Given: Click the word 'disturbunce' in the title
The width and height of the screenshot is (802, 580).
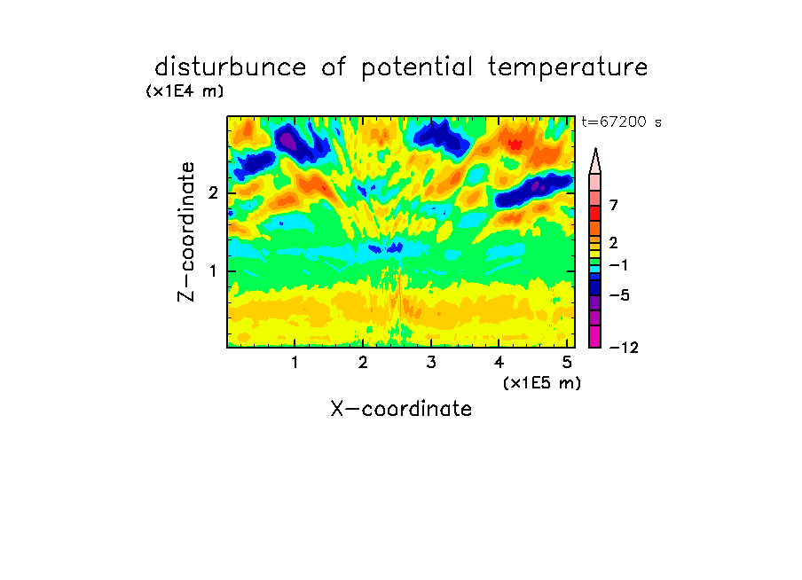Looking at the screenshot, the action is click(x=231, y=67).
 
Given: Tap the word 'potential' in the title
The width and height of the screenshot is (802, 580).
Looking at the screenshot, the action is click(x=417, y=68).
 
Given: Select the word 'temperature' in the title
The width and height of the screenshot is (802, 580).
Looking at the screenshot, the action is click(x=568, y=68).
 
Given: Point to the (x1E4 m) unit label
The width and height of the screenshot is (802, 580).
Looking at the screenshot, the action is click(x=185, y=91).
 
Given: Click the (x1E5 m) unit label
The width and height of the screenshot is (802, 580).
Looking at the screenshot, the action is click(x=542, y=382).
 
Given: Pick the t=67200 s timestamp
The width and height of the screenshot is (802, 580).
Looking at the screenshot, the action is click(x=621, y=122).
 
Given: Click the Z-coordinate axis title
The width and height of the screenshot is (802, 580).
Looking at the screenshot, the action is click(x=186, y=231).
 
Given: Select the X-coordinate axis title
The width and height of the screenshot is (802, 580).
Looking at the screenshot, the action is click(x=401, y=409).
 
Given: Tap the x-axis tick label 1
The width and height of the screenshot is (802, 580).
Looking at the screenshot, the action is click(x=295, y=363).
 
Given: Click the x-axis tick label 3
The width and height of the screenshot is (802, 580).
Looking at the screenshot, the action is click(x=431, y=363).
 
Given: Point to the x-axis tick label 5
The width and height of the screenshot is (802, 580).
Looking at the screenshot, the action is click(x=567, y=363).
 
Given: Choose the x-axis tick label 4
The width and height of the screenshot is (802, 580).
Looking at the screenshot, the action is click(x=499, y=363).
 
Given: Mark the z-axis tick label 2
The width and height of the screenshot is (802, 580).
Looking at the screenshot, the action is click(x=213, y=193).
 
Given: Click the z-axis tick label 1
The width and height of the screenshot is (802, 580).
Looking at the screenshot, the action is click(x=213, y=271).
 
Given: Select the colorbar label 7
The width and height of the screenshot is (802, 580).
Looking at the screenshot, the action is click(x=614, y=205).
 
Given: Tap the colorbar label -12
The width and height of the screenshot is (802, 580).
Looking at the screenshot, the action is click(x=625, y=348).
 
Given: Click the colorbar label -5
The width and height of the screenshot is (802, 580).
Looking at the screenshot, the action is click(x=620, y=295).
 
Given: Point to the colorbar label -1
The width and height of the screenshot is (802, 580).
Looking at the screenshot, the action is click(x=619, y=265).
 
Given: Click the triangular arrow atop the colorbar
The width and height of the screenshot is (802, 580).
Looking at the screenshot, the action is click(x=595, y=161).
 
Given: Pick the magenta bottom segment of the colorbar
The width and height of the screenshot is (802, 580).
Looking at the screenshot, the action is click(x=595, y=337).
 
